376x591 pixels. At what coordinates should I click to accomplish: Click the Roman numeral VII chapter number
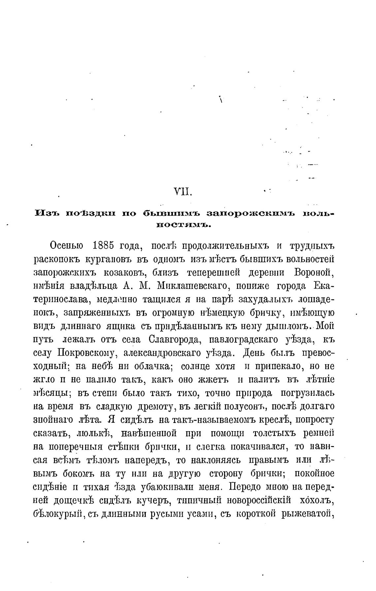coord(182,191)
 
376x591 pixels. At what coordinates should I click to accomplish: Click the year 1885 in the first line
coord(104,246)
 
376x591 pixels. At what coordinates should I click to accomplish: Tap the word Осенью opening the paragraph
coord(66,246)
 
